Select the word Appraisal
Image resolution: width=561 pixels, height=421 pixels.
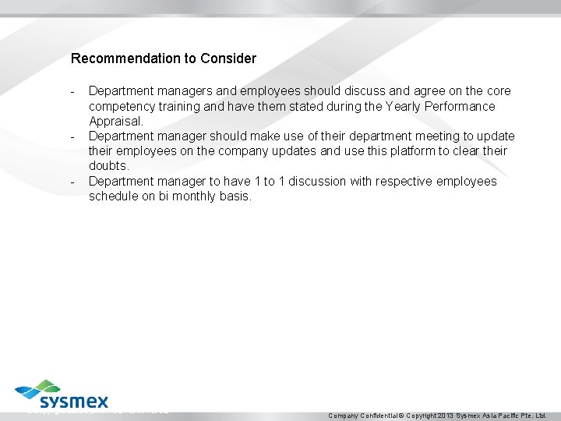(115, 122)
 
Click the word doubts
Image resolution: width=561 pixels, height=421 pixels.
(108, 166)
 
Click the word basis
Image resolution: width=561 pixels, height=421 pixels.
(236, 196)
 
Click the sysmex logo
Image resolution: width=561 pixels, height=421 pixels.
(62, 395)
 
